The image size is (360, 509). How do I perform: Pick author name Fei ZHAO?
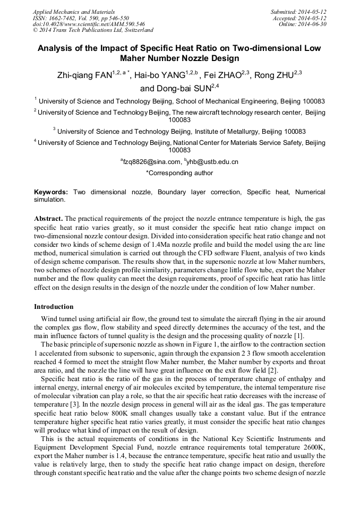(222, 76)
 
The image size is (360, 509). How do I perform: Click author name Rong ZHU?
(275, 76)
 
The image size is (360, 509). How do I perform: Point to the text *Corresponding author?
(179, 173)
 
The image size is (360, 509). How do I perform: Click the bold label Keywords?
(51, 192)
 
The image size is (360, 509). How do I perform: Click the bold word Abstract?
(49, 219)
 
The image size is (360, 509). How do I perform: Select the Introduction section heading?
(54, 307)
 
